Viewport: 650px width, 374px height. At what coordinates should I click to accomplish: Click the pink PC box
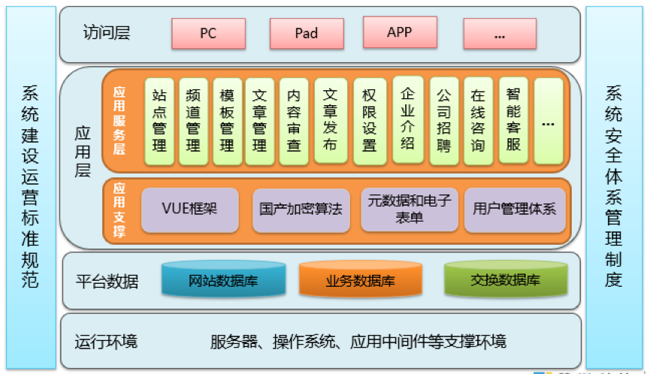[208, 33]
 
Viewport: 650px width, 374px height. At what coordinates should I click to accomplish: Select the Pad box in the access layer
[306, 33]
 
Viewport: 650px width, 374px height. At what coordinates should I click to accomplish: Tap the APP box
[399, 32]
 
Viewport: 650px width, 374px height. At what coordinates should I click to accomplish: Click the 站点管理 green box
[159, 121]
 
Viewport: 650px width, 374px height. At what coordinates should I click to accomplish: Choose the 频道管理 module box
[193, 121]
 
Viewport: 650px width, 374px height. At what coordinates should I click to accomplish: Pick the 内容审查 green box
[294, 121]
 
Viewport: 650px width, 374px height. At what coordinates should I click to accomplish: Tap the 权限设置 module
[369, 121]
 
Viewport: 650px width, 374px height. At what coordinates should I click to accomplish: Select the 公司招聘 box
[443, 121]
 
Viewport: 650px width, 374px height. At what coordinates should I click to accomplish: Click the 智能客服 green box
[513, 120]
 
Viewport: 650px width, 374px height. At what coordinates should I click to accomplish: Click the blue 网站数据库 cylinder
[223, 281]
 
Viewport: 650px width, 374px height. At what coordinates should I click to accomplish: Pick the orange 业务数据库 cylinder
[360, 281]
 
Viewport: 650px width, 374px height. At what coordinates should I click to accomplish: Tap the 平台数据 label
[107, 282]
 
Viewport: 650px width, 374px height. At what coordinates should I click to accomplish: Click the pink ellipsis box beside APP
[500, 34]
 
